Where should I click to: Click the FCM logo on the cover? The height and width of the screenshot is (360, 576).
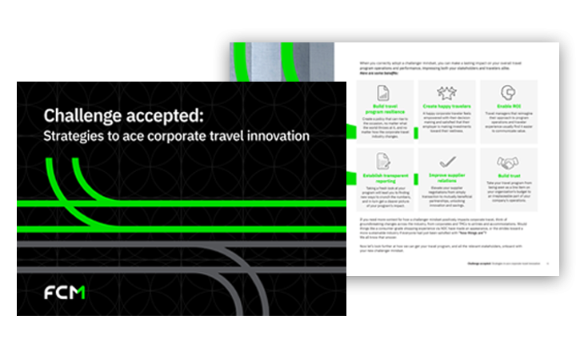tap(65, 291)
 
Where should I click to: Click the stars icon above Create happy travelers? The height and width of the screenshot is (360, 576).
tap(445, 93)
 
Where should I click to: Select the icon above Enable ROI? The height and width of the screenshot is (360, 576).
tap(507, 93)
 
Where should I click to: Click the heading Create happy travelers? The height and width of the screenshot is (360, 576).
tap(445, 106)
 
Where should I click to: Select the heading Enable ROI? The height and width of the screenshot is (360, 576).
tap(507, 106)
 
